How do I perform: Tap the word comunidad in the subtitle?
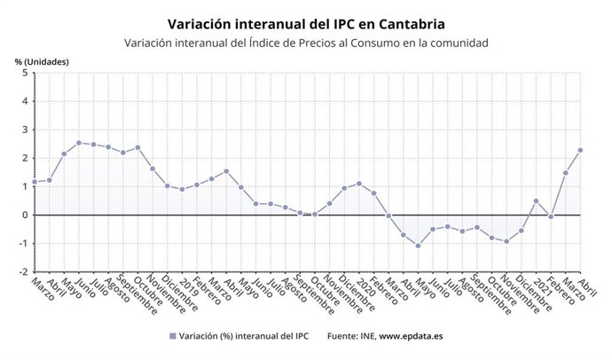(x=452, y=43)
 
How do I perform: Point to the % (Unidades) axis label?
(x=42, y=61)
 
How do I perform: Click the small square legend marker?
(x=172, y=336)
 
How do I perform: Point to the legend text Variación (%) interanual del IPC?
(x=243, y=336)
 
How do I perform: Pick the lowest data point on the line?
(x=418, y=245)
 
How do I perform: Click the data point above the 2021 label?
(x=536, y=200)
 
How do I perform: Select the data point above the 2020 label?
(x=358, y=184)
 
